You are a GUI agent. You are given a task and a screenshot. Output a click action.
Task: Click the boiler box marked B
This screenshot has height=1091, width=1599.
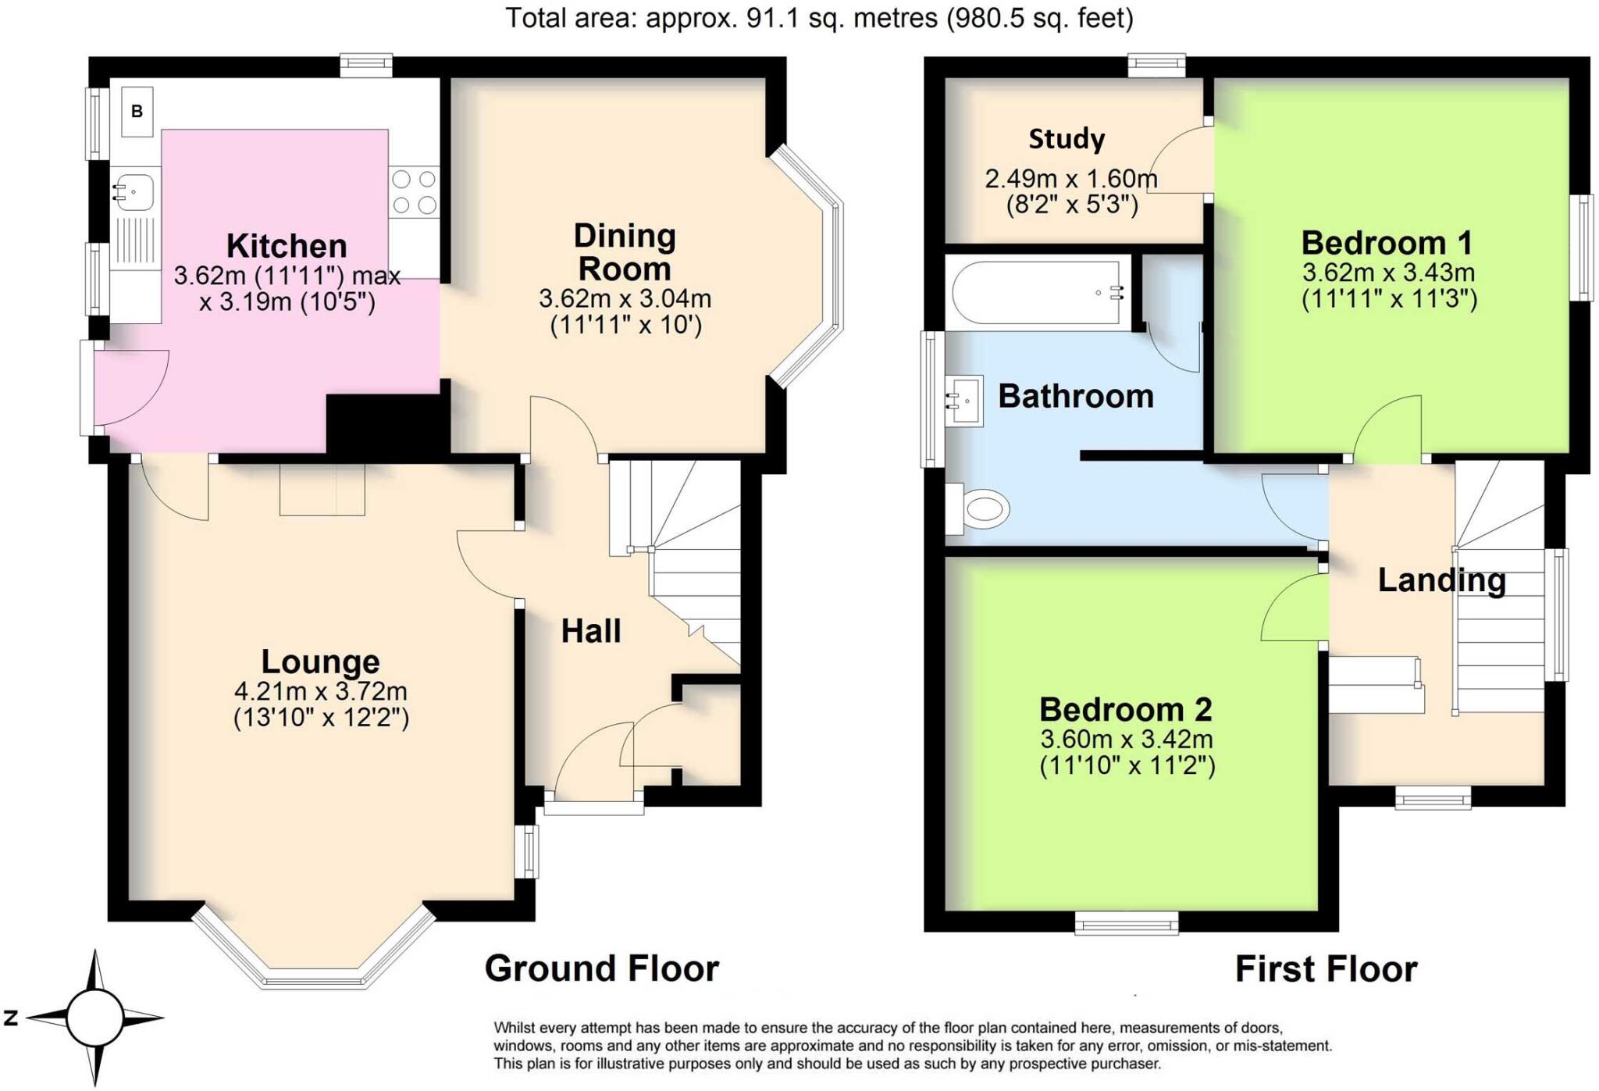pyautogui.click(x=137, y=112)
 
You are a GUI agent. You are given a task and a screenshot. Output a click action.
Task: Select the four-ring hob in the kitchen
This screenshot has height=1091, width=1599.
pyautogui.click(x=414, y=192)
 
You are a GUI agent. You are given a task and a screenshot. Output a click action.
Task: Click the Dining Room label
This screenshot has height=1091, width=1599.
pyautogui.click(x=625, y=252)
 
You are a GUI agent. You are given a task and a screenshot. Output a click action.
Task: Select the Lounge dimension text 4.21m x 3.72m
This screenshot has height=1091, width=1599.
pyautogui.click(x=321, y=691)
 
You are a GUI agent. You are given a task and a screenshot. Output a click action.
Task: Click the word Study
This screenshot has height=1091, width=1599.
pyautogui.click(x=1067, y=139)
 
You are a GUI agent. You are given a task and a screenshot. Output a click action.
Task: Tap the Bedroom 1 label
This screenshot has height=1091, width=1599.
pyautogui.click(x=1387, y=243)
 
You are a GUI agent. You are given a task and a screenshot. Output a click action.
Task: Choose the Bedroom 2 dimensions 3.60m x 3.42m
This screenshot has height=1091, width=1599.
pyautogui.click(x=1126, y=739)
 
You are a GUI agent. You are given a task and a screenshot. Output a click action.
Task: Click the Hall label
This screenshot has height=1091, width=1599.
pyautogui.click(x=591, y=631)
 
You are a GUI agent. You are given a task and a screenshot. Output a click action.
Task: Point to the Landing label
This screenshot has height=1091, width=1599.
pyautogui.click(x=1441, y=580)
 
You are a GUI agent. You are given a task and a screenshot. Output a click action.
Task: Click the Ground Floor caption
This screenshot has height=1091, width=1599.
pyautogui.click(x=601, y=968)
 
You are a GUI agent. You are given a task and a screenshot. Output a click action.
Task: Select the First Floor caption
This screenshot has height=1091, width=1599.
pyautogui.click(x=1326, y=969)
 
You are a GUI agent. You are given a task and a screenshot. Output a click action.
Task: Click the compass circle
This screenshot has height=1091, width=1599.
pyautogui.click(x=94, y=1018)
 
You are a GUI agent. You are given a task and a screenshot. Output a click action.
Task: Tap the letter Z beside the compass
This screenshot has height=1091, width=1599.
pyautogui.click(x=11, y=1018)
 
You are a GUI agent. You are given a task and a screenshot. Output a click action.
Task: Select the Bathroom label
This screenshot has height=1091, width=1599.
pyautogui.click(x=1076, y=397)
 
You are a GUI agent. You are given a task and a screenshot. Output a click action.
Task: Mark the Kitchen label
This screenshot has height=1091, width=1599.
pyautogui.click(x=287, y=246)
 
